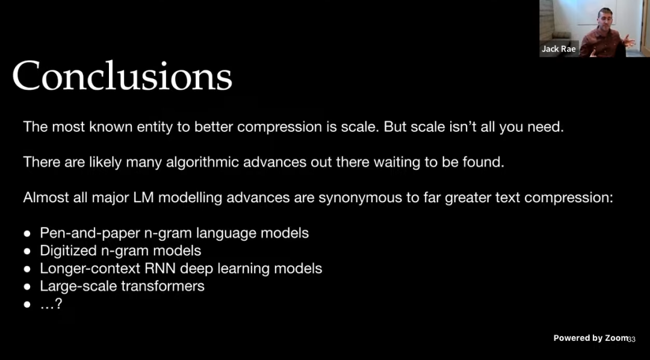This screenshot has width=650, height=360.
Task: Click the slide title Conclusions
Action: [x=122, y=75]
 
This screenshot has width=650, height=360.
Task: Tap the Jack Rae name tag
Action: [x=559, y=49]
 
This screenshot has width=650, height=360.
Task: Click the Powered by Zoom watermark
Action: [x=591, y=338]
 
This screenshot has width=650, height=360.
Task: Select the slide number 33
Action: [x=631, y=340]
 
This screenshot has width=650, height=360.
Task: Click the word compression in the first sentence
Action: [x=279, y=127]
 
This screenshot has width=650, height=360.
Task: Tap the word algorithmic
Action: [x=202, y=162]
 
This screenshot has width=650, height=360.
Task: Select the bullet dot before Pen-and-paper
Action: [x=27, y=234]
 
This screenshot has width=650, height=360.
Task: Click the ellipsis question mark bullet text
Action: [x=51, y=304]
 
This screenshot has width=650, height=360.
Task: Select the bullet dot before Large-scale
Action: [x=27, y=286]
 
